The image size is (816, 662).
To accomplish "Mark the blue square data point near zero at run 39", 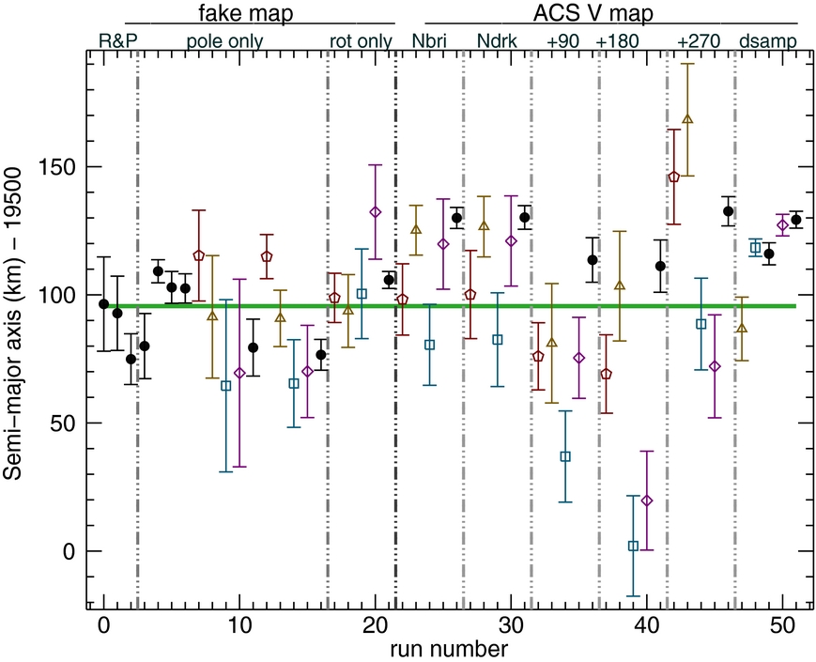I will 633,546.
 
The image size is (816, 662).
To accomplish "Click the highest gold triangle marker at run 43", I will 687,119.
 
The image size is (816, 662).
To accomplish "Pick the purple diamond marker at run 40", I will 646,500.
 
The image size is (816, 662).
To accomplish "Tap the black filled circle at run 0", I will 103,304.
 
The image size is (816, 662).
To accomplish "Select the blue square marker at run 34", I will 565,456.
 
